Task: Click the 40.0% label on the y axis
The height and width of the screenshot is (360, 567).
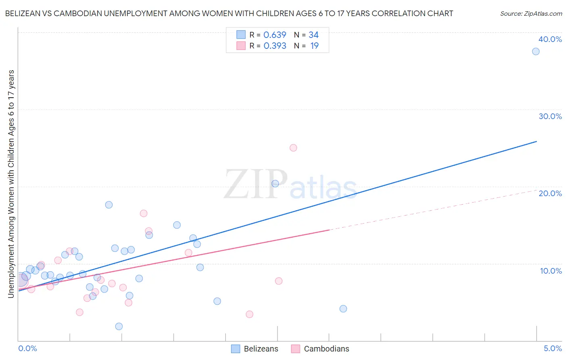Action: point(550,39)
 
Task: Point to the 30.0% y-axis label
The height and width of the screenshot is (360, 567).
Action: point(550,116)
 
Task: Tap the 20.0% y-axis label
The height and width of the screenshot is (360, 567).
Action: point(550,193)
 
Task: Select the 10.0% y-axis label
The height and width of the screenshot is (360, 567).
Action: point(550,271)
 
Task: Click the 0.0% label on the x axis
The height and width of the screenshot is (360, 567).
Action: point(27,348)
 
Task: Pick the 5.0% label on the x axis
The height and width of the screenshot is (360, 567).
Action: point(552,348)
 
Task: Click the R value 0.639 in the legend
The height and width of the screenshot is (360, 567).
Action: point(275,35)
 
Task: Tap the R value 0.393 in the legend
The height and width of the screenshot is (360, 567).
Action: point(275,46)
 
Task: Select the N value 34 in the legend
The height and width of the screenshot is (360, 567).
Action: point(313,35)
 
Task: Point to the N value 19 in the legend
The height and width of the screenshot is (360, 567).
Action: point(314,46)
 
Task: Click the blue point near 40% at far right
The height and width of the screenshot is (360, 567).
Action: point(536,51)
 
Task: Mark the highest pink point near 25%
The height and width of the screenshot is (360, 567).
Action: point(293,148)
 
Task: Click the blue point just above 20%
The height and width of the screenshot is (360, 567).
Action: point(275,184)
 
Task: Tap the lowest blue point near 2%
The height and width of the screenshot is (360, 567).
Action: point(119,327)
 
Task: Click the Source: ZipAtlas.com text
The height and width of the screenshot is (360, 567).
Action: point(531,14)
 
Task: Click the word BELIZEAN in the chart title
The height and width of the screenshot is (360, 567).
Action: point(24,14)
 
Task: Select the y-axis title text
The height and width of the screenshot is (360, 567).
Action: point(11,184)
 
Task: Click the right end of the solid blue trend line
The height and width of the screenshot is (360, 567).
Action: point(536,141)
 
